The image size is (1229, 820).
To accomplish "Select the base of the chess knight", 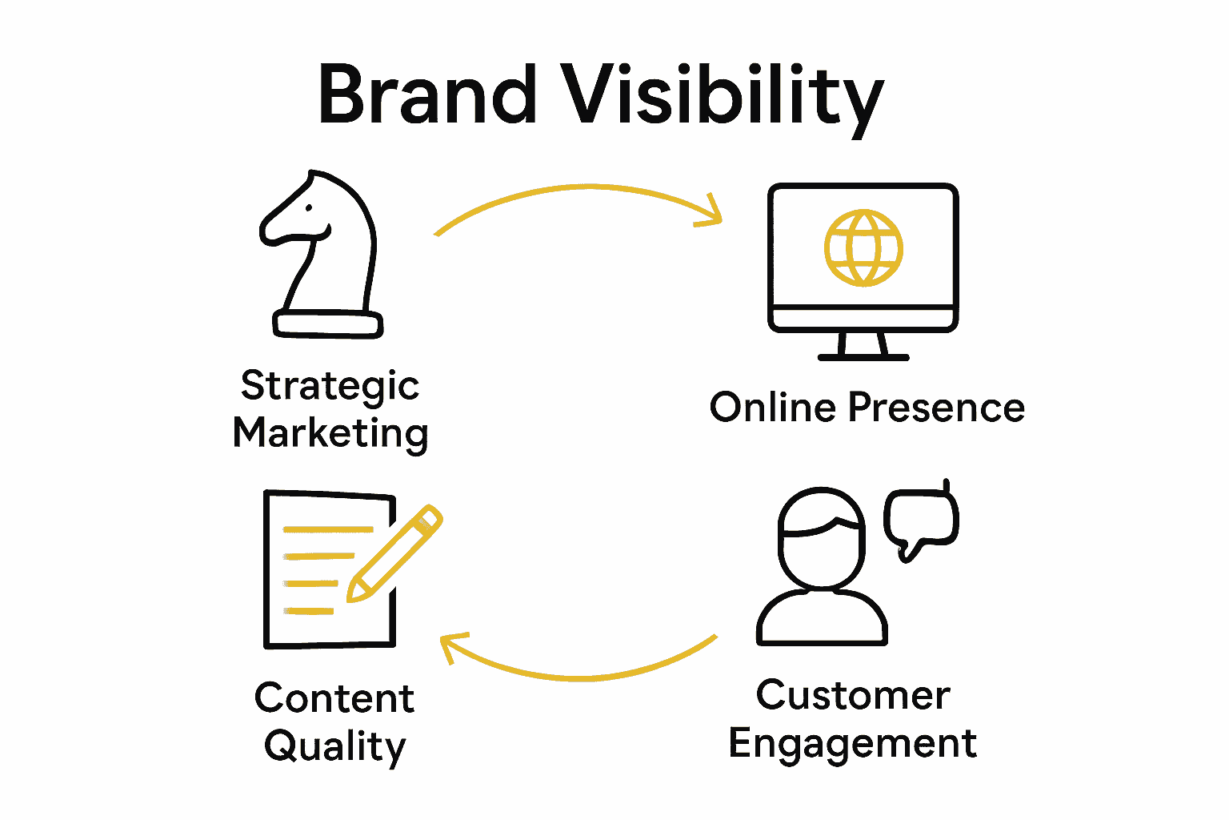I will [328, 324].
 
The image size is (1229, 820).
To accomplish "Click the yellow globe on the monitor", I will [863, 247].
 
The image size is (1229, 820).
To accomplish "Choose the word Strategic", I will [330, 387].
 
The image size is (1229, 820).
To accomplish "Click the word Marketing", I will [330, 434].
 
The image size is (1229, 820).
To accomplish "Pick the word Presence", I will [936, 408].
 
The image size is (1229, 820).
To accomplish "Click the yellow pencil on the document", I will [394, 553].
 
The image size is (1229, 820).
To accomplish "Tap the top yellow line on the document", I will [328, 529].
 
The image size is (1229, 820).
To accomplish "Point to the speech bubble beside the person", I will [921, 520].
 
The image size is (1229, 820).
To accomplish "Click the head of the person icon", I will [822, 537].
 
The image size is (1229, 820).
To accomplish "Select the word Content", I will [334, 698].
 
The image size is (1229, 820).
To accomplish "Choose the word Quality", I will [335, 746].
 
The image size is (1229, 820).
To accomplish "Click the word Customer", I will [853, 695].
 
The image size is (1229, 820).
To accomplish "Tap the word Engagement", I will [853, 744].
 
